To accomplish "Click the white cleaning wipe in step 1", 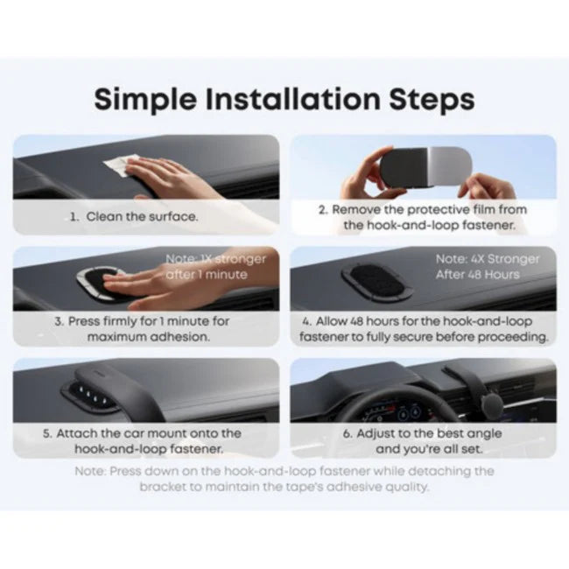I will click(x=116, y=165).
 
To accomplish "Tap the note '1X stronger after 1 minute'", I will click(x=215, y=267).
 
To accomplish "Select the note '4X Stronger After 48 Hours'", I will click(x=488, y=267).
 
